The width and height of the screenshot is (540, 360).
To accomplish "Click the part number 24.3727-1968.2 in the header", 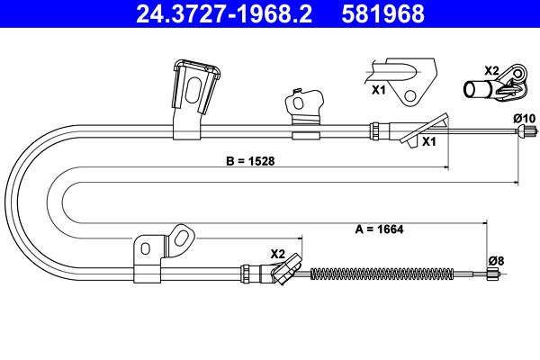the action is tap(224, 13).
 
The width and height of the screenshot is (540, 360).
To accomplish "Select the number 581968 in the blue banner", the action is tap(383, 13).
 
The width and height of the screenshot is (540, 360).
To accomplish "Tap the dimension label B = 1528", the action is tap(250, 161).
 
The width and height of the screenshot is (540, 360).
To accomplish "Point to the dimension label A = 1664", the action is tap(379, 229).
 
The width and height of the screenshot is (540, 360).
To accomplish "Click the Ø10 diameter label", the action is tap(525, 119).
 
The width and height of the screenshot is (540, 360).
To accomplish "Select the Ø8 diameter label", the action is tap(496, 261).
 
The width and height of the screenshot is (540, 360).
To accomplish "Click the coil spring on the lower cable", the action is tap(382, 274).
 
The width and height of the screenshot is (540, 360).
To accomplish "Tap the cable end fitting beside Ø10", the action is tap(526, 131).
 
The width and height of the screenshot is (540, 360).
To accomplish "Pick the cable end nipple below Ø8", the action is tap(491, 274).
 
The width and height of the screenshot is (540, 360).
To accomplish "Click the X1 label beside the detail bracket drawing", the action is tap(379, 90).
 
